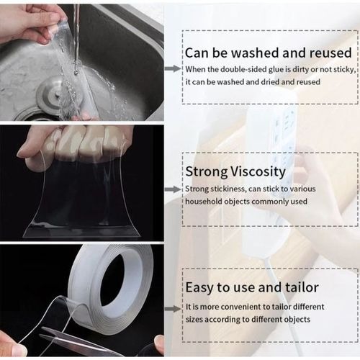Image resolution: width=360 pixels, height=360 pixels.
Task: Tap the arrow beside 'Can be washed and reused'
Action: pos(172,68)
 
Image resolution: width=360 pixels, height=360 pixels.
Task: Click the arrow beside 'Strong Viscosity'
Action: pos(172,189)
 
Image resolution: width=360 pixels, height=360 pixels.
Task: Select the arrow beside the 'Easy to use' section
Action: pos(172,307)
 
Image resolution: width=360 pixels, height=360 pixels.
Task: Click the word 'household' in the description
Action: pos(206,202)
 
